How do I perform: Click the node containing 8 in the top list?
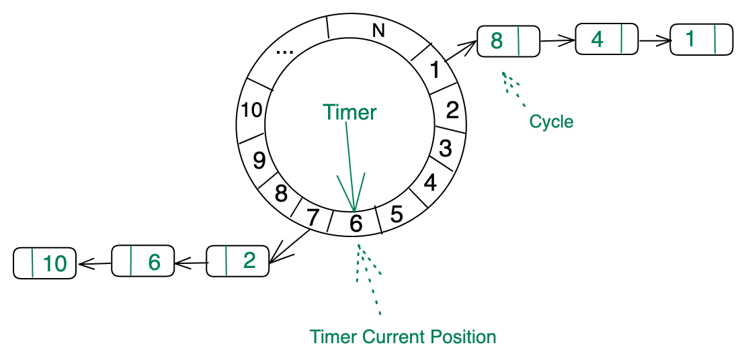(x=507, y=41)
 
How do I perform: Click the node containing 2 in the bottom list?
(x=238, y=261)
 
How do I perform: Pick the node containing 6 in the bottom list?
(x=142, y=261)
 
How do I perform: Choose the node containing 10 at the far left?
(x=45, y=263)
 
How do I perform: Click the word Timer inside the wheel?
(x=349, y=112)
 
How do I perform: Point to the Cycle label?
(x=551, y=122)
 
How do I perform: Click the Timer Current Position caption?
(x=403, y=336)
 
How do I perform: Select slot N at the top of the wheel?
(x=378, y=30)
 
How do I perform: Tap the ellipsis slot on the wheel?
(x=290, y=50)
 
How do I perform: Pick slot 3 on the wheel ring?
(x=445, y=148)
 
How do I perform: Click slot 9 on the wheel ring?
(x=259, y=160)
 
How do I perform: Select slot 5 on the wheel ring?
(x=397, y=214)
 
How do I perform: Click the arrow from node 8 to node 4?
(x=558, y=41)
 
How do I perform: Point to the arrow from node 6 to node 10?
(x=95, y=263)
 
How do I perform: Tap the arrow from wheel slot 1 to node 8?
(x=460, y=53)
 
